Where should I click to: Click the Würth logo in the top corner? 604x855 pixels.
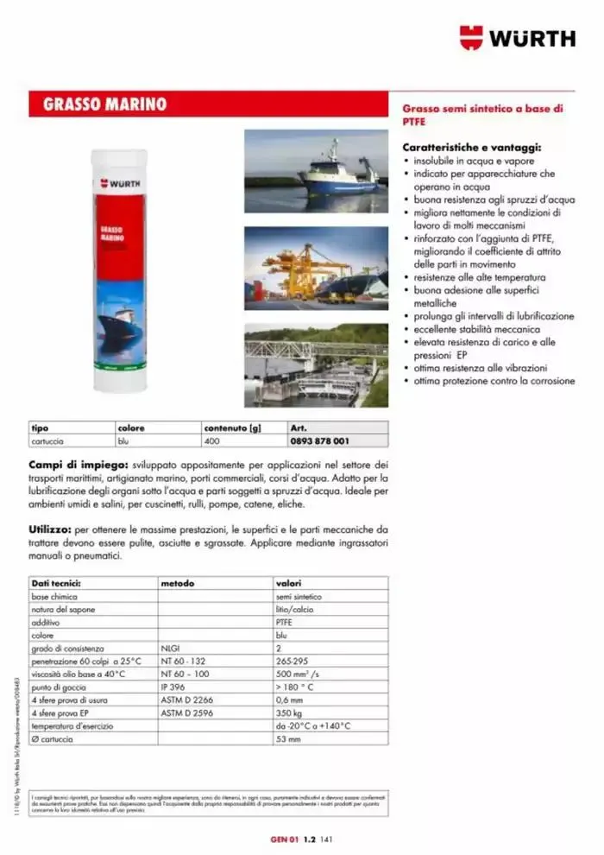(x=516, y=37)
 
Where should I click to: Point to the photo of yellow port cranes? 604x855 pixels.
(x=316, y=269)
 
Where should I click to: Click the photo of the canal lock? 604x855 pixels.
(x=316, y=364)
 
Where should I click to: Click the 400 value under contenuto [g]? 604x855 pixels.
(x=211, y=440)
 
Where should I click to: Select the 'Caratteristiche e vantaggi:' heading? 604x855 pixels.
(x=460, y=148)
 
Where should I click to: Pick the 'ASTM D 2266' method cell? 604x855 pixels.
(x=186, y=701)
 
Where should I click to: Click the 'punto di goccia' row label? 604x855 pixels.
(x=56, y=689)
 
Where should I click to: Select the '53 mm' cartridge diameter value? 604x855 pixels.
(x=288, y=739)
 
